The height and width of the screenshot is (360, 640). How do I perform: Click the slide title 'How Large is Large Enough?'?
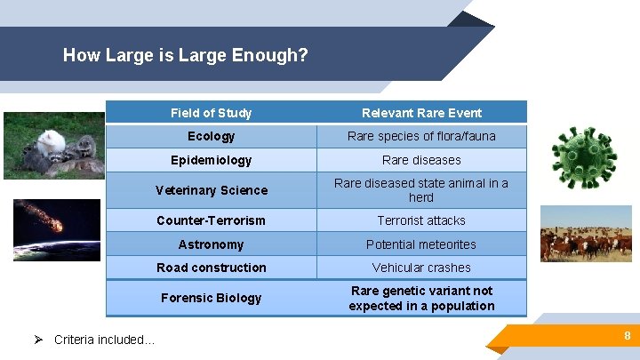click(186, 55)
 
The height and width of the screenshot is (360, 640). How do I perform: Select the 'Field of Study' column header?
click(211, 113)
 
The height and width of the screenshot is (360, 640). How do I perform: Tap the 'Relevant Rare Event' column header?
click(421, 113)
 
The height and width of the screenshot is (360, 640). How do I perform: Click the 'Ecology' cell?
click(211, 136)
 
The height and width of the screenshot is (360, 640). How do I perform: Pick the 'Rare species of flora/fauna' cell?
click(421, 136)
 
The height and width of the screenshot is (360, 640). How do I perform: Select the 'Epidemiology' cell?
click(211, 160)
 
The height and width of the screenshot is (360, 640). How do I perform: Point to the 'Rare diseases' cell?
click(421, 160)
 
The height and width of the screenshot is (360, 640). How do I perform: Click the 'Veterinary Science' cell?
click(211, 190)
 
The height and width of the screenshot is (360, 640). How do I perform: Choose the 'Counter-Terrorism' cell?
click(211, 220)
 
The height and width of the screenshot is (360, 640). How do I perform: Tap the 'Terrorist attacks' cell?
click(421, 220)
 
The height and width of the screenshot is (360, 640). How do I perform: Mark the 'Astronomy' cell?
click(211, 244)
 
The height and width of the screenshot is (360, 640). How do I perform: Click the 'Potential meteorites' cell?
click(421, 244)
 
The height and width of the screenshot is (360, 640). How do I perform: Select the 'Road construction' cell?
click(211, 268)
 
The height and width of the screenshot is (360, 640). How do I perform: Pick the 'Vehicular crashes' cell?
click(421, 268)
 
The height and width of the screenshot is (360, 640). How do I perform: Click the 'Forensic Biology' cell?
click(211, 298)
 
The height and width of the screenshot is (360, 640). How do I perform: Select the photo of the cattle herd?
click(586, 234)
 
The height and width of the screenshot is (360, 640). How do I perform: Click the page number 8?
click(627, 336)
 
